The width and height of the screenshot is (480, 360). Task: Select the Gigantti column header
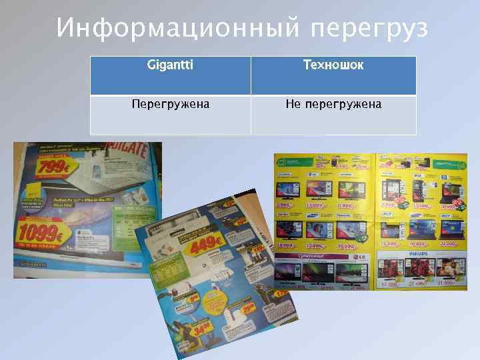[170, 65]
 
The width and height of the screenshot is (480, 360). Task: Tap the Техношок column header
[333, 65]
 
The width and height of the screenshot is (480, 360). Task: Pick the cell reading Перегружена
[170, 105]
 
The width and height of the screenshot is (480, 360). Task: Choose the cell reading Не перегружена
[333, 105]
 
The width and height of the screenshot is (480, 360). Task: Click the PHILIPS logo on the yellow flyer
[421, 254]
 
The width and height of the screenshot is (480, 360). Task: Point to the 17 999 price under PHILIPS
[390, 284]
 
